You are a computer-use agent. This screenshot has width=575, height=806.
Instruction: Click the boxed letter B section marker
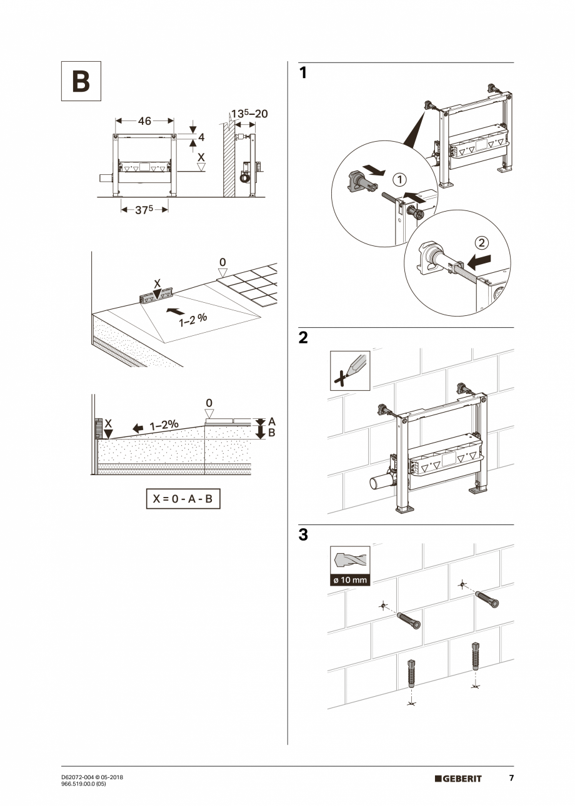pyautogui.click(x=81, y=81)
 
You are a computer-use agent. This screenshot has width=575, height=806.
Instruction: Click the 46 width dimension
pyautogui.click(x=144, y=121)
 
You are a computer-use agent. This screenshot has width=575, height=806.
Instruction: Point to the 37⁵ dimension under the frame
pyautogui.click(x=144, y=210)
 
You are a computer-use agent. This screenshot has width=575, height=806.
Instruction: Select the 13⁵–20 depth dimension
pyautogui.click(x=249, y=114)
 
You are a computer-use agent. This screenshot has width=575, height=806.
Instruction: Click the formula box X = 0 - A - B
pyautogui.click(x=183, y=499)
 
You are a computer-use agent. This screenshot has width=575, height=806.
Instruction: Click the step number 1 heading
pyautogui.click(x=303, y=73)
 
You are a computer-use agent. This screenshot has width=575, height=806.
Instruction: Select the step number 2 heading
pyautogui.click(x=303, y=338)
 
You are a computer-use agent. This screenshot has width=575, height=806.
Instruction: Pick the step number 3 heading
pyautogui.click(x=303, y=535)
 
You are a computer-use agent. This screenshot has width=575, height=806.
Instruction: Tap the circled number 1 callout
pyautogui.click(x=399, y=180)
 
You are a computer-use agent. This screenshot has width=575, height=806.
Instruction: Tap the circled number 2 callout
pyautogui.click(x=481, y=242)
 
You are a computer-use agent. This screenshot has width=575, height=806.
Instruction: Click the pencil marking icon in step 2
pyautogui.click(x=350, y=371)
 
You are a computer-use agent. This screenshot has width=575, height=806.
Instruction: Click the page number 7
pyautogui.click(x=511, y=778)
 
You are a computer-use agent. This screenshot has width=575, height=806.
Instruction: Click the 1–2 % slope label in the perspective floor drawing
pyautogui.click(x=192, y=321)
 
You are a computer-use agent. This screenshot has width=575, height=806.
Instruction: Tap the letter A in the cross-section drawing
pyautogui.click(x=272, y=422)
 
